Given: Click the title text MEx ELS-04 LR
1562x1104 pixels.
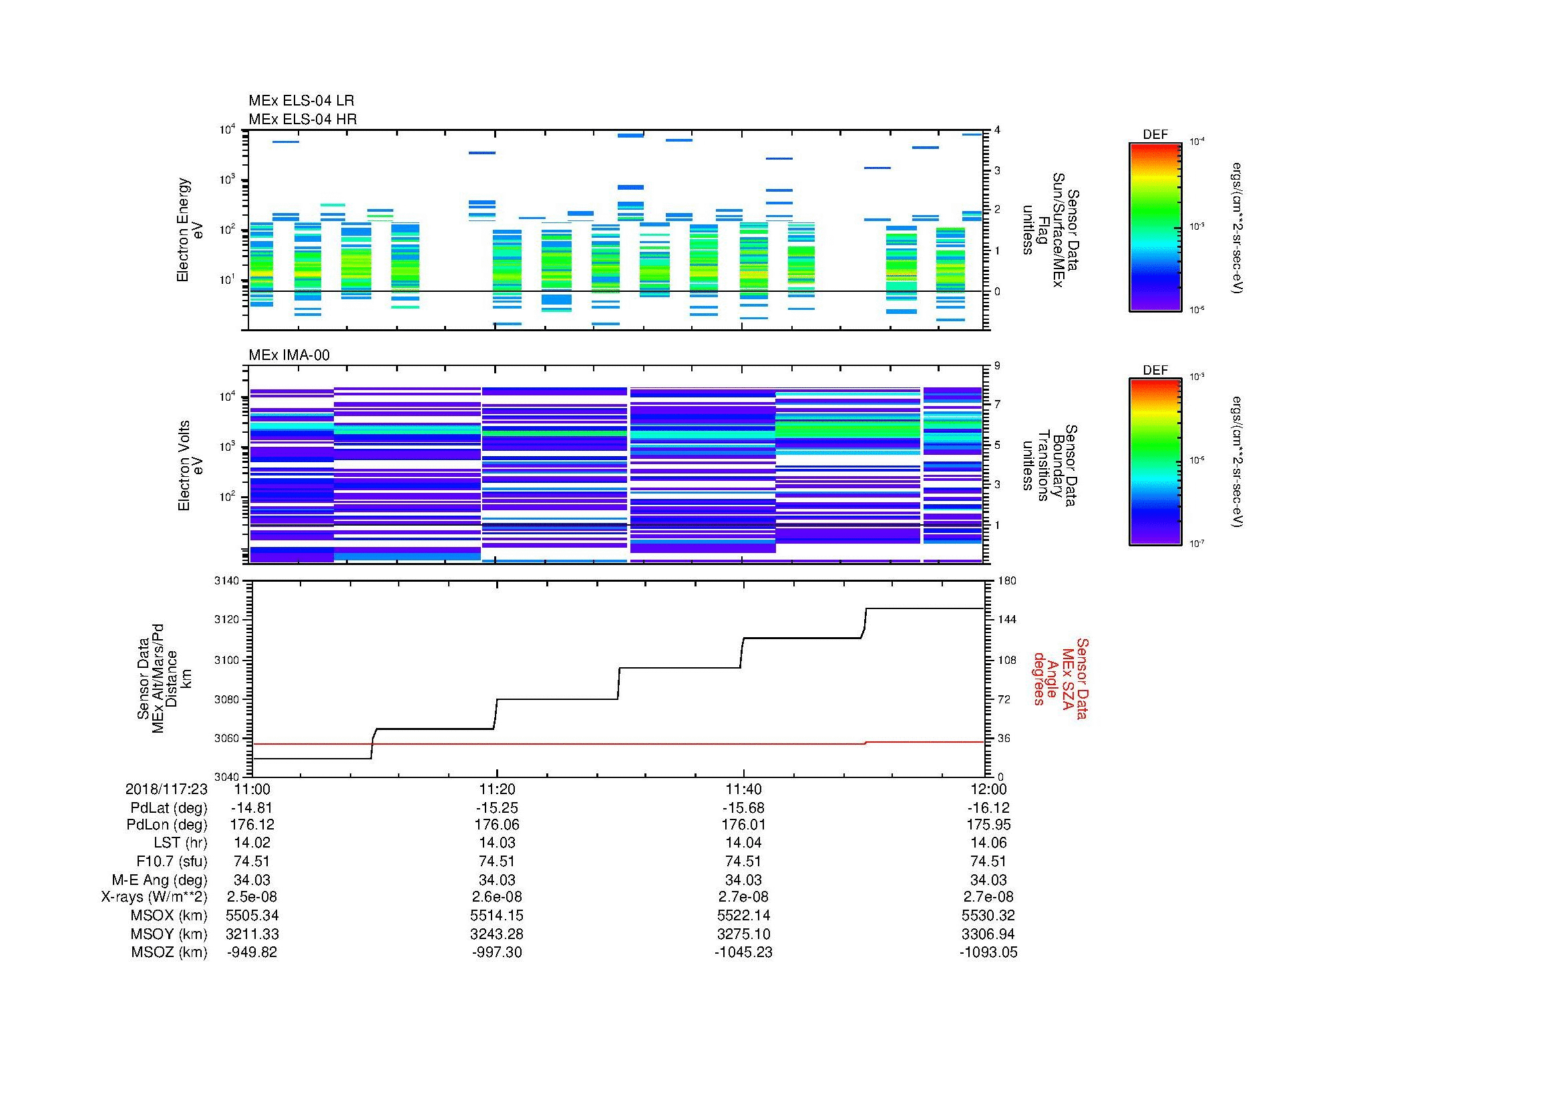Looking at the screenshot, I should [301, 101].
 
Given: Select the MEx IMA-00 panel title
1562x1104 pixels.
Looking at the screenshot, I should [289, 355].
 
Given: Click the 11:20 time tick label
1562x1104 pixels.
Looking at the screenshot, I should [498, 789].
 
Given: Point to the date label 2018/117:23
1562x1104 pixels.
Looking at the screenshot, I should [166, 789].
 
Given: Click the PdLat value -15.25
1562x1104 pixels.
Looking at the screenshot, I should [498, 808].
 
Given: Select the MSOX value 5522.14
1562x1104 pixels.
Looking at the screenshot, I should [743, 916].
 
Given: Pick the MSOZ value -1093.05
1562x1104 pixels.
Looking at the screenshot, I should [988, 952].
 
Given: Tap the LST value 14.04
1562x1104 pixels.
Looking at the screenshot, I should [743, 843].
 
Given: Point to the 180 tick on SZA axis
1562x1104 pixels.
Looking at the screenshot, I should [1006, 581].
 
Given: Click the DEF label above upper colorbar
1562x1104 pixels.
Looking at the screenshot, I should [1155, 135].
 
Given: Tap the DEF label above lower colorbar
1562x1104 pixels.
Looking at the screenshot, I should [1155, 370].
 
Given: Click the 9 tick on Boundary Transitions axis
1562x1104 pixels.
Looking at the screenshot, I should [997, 366].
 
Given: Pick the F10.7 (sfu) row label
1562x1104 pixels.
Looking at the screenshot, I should [172, 861].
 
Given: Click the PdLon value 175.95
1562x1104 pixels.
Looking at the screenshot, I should [988, 824].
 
